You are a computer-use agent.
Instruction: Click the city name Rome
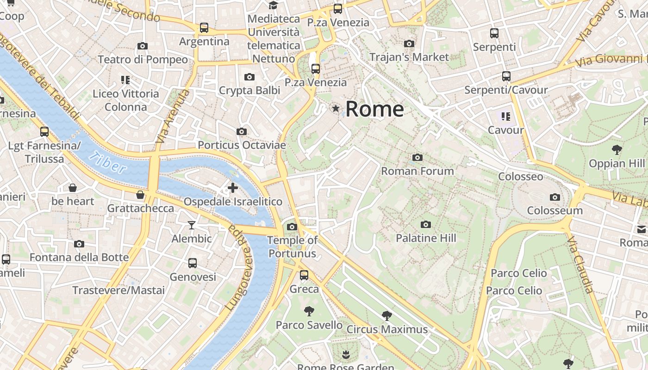(374, 109)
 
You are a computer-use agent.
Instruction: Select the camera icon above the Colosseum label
(555, 197)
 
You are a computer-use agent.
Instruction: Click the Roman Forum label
(417, 171)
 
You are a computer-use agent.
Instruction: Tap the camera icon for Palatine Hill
(425, 225)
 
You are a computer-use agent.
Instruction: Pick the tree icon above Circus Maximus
(386, 316)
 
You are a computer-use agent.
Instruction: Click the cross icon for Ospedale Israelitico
(233, 188)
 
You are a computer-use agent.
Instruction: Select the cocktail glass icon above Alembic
(192, 225)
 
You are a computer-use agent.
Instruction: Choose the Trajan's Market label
(409, 57)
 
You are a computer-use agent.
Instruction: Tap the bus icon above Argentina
(204, 28)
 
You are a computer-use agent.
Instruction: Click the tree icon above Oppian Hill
(617, 149)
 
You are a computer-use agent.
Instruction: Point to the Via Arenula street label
(173, 116)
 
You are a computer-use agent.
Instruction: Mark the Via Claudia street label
(580, 265)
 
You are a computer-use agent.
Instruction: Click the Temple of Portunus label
(293, 247)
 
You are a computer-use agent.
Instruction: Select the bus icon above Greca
(304, 275)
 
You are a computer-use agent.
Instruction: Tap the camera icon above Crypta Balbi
(249, 77)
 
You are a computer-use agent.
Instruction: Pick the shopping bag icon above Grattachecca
(140, 195)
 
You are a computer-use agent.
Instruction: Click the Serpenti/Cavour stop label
(506, 90)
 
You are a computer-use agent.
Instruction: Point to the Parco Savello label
(309, 325)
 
